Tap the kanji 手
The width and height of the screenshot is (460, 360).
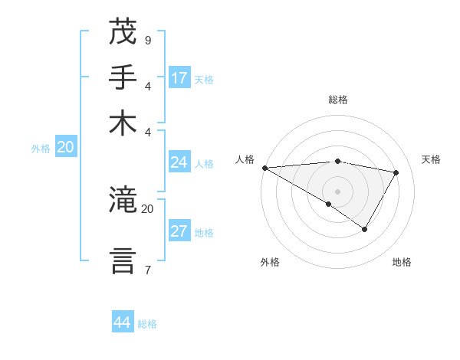(123, 77)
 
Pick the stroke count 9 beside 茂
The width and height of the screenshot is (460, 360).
(147, 40)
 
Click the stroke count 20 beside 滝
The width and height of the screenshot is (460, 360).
(147, 208)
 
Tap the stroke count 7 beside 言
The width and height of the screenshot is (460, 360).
(147, 269)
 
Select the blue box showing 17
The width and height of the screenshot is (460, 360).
(179, 78)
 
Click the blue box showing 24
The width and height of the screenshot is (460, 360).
(179, 162)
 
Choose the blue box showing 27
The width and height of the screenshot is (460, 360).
(179, 232)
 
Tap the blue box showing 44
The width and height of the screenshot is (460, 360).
(123, 322)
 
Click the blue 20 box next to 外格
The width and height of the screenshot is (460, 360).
(65, 148)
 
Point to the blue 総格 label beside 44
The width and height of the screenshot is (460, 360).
(148, 324)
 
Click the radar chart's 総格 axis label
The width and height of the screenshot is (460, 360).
(338, 100)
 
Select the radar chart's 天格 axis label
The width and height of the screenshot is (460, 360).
(431, 159)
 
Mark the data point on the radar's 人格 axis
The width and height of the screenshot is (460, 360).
(264, 167)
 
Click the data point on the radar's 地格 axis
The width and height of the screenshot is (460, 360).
(365, 229)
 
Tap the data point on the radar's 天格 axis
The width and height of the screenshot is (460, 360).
(396, 172)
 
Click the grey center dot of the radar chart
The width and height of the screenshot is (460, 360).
(338, 191)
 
